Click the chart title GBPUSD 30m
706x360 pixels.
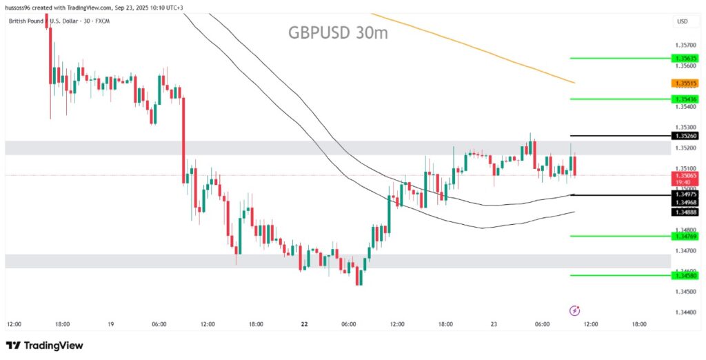pyautogui.click(x=338, y=32)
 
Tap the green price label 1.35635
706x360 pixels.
pyautogui.click(x=687, y=59)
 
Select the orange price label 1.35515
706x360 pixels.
pyautogui.click(x=687, y=83)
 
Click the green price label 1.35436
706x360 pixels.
pyautogui.click(x=687, y=99)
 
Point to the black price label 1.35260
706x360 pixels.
pyautogui.click(x=687, y=136)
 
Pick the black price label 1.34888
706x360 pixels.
pyautogui.click(x=687, y=212)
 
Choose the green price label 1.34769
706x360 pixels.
pyautogui.click(x=687, y=237)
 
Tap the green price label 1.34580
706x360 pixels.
pyautogui.click(x=687, y=276)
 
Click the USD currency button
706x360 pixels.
pyautogui.click(x=683, y=21)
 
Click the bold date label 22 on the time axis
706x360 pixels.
pyautogui.click(x=304, y=323)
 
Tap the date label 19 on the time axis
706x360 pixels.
pyautogui.click(x=110, y=323)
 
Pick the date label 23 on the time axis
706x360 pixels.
pyautogui.click(x=494, y=323)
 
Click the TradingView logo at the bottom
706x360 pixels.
pyautogui.click(x=45, y=346)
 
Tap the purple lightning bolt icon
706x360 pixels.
pyautogui.click(x=574, y=310)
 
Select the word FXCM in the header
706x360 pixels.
pyautogui.click(x=101, y=21)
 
